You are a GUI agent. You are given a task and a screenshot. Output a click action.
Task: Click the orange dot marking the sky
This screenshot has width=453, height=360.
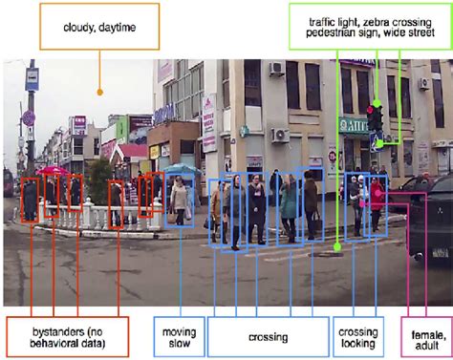click(99, 93)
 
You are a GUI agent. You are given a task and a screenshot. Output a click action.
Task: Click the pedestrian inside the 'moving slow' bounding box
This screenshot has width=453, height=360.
click(180, 199)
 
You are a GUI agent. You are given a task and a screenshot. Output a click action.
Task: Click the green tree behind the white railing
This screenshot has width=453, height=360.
click(98, 181)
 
